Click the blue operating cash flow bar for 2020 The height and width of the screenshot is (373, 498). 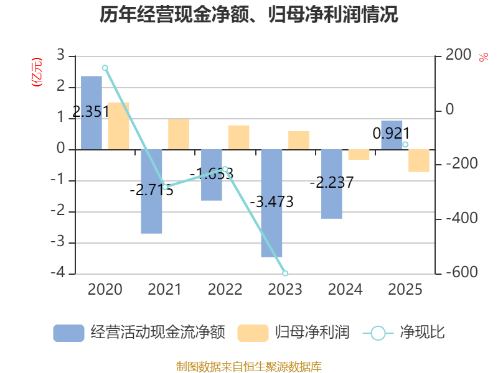tap(92, 113)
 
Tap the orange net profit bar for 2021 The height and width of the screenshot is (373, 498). tap(179, 134)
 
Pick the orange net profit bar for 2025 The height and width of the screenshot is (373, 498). tap(419, 160)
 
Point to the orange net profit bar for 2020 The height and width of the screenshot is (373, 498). tap(118, 126)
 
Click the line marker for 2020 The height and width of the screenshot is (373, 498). tap(105, 68)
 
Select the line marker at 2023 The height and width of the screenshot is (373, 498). tap(285, 273)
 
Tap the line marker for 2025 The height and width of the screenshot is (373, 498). tap(405, 145)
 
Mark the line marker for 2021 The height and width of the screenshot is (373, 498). tap(165, 186)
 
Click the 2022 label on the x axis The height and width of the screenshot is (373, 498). tap(225, 289)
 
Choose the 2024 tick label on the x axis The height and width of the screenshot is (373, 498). tap(345, 289)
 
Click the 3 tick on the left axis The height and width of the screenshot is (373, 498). tap(61, 55)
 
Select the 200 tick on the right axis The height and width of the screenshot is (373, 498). tap(458, 55)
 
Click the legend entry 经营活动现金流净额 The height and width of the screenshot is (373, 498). tap(139, 333)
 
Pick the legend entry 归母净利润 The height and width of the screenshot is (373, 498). tap(293, 333)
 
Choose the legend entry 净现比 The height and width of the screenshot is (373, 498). tap(405, 333)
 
